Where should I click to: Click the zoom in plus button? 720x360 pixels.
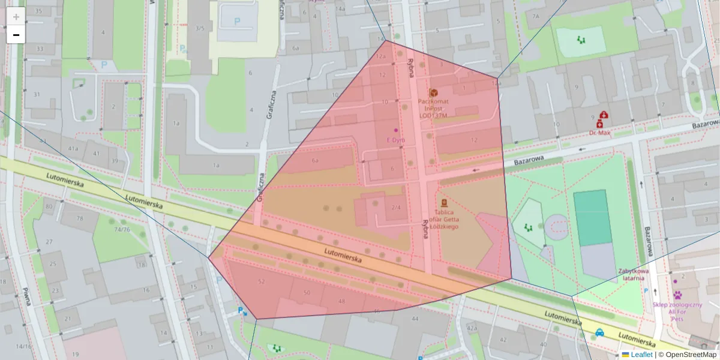point(16,17)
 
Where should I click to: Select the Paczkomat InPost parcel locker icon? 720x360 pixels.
point(433,92)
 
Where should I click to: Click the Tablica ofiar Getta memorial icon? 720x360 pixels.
point(444,203)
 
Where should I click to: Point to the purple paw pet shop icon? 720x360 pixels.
point(677,295)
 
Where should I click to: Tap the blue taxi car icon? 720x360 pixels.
point(599,332)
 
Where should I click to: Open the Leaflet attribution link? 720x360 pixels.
point(641,355)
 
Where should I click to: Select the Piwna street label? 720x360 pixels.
point(26,298)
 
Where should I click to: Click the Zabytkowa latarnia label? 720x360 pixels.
point(633,274)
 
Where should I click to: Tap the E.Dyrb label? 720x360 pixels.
point(395,140)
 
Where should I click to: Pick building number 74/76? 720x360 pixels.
point(122,229)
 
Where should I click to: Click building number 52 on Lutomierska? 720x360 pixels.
point(261,281)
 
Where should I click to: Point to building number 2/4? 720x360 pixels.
point(396,207)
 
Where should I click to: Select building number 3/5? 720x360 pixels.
point(199,28)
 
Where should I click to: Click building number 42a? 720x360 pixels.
point(472,328)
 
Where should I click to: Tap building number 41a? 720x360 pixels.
point(73,148)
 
